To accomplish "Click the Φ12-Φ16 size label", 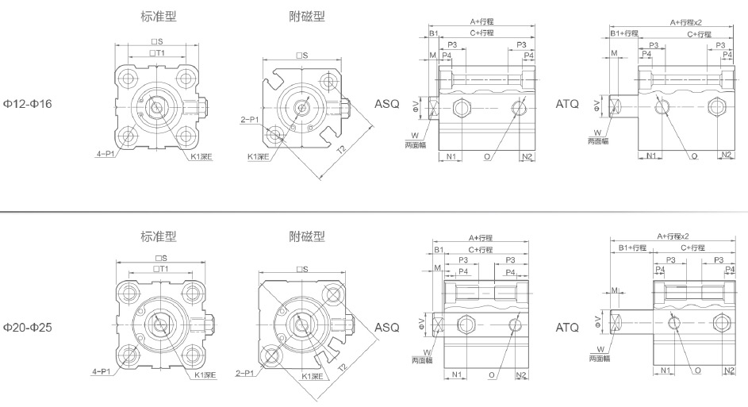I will coord(29,104).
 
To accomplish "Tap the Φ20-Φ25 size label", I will coord(29,326).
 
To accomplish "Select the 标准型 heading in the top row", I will coord(159,16).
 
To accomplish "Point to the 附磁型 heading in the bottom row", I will coord(307,236).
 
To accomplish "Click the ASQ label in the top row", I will coord(387,104).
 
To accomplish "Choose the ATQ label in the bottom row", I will coord(567,327).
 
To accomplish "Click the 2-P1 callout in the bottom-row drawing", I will coord(247,372).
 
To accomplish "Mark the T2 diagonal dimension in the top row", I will coord(341,150).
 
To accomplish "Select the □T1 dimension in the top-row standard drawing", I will coord(159,52).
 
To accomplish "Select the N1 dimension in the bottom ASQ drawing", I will coord(458,374).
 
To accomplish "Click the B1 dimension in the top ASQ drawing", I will coord(433,33).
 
